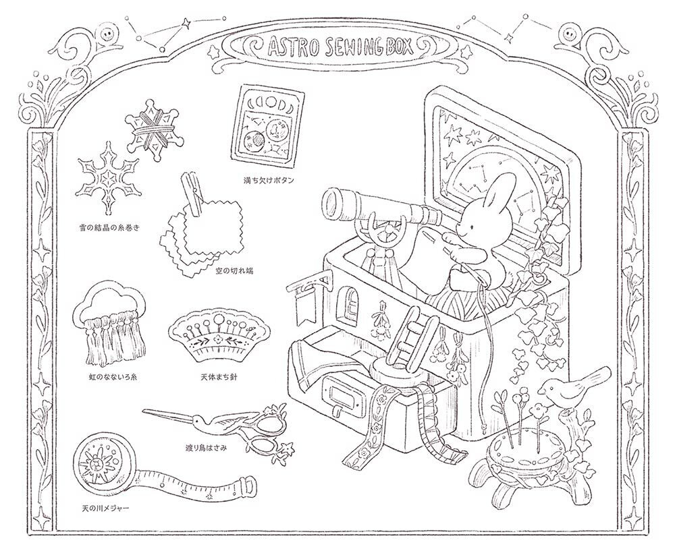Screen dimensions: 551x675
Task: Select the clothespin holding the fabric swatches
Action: (x=194, y=195)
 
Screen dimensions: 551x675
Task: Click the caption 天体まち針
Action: (x=218, y=378)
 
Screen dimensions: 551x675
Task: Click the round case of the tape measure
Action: (x=101, y=465)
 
